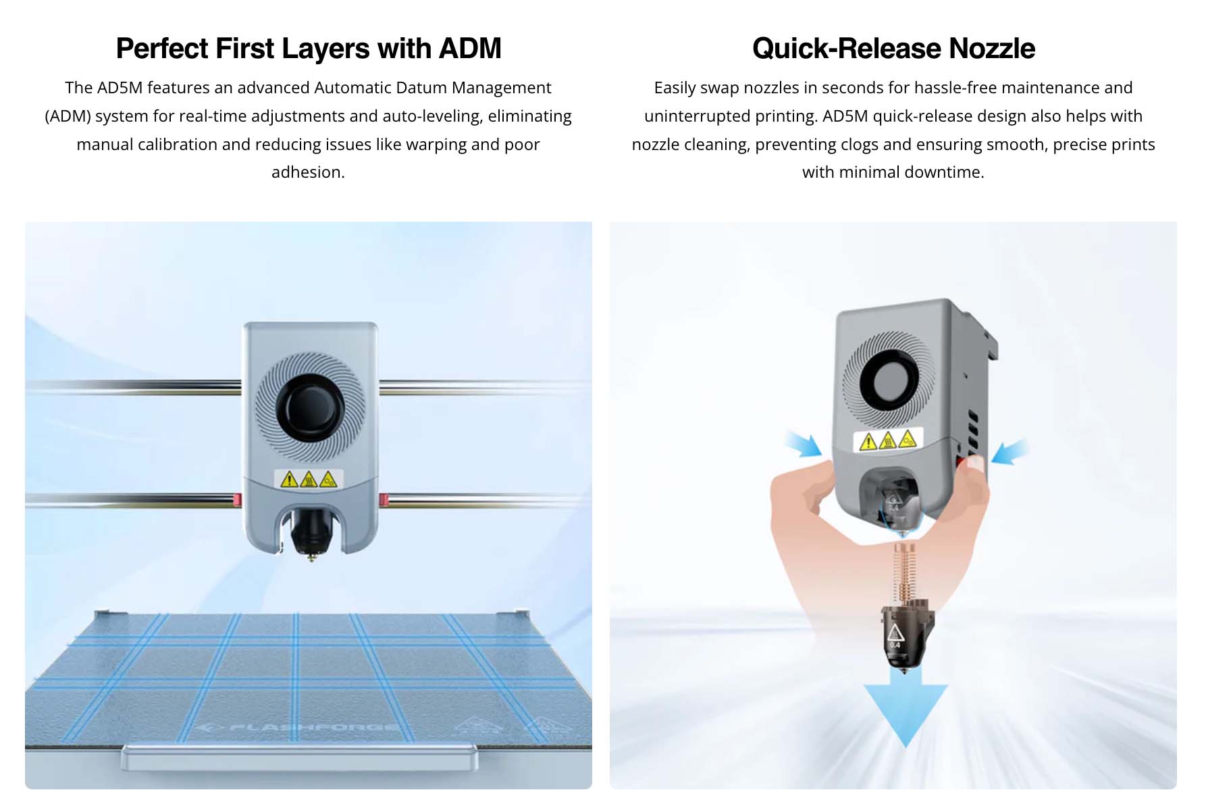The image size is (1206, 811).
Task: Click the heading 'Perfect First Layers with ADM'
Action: pyautogui.click(x=309, y=49)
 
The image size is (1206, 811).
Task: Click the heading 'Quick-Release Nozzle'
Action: pyautogui.click(x=893, y=49)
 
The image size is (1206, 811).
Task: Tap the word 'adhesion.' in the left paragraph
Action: pyautogui.click(x=308, y=172)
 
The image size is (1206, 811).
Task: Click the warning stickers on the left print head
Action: pyautogui.click(x=309, y=479)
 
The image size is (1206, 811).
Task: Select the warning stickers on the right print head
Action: pyautogui.click(x=888, y=441)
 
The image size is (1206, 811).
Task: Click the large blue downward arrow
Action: pyautogui.click(x=906, y=710)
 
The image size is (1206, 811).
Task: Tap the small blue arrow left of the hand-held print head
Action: pyautogui.click(x=804, y=443)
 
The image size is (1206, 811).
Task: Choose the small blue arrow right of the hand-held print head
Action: pyautogui.click(x=1010, y=451)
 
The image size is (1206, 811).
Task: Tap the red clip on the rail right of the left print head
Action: pyautogui.click(x=384, y=499)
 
